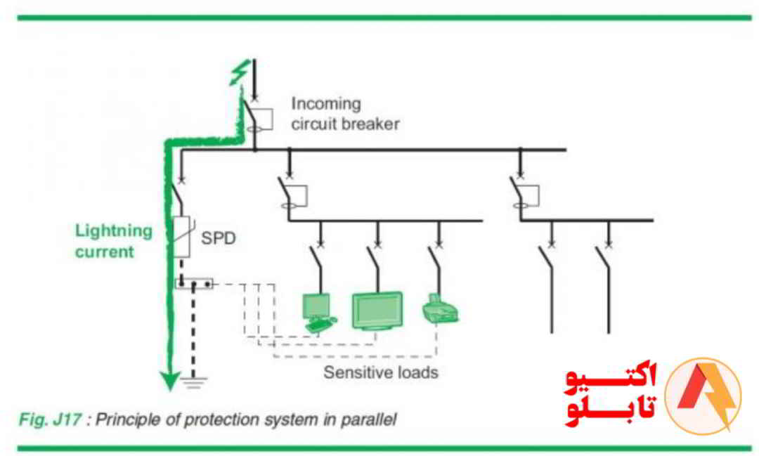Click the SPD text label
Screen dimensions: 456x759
coord(218,238)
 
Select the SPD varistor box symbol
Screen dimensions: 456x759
coord(182,237)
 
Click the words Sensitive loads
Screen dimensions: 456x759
coord(380,372)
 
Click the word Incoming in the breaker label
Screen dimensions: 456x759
coord(325,104)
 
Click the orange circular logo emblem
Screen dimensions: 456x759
coord(702,396)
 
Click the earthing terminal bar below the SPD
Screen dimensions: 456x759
coord(193,285)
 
